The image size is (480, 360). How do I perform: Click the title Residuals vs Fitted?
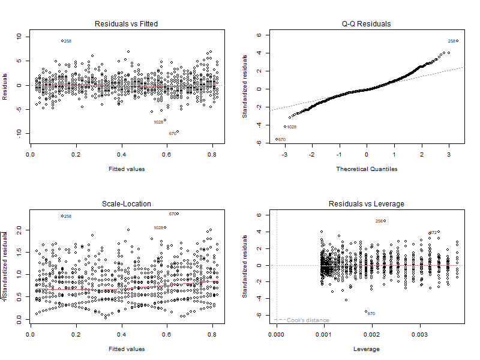coord(127,24)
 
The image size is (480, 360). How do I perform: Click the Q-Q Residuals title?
coord(367,24)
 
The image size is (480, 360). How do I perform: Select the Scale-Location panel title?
coord(127,204)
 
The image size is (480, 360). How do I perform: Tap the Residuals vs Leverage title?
coord(367,204)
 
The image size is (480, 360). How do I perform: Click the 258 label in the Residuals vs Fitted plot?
coord(68,41)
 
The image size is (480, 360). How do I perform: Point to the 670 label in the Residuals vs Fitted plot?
coord(172,133)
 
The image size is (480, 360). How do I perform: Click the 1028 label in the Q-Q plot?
coord(292,127)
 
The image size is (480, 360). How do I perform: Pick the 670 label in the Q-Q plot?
coord(281,140)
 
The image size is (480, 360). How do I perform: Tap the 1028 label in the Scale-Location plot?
coord(158,227)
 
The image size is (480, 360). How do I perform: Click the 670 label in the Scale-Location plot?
coord(172,214)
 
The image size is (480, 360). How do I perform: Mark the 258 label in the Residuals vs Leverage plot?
coord(379,221)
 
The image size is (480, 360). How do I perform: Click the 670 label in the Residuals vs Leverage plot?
coord(371,313)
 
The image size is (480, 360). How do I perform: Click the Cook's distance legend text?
coord(308,320)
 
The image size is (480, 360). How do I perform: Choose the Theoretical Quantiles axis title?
coord(367,169)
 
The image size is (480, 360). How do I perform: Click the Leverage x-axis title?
coord(367,349)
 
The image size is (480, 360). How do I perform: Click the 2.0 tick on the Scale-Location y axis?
coord(19,230)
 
